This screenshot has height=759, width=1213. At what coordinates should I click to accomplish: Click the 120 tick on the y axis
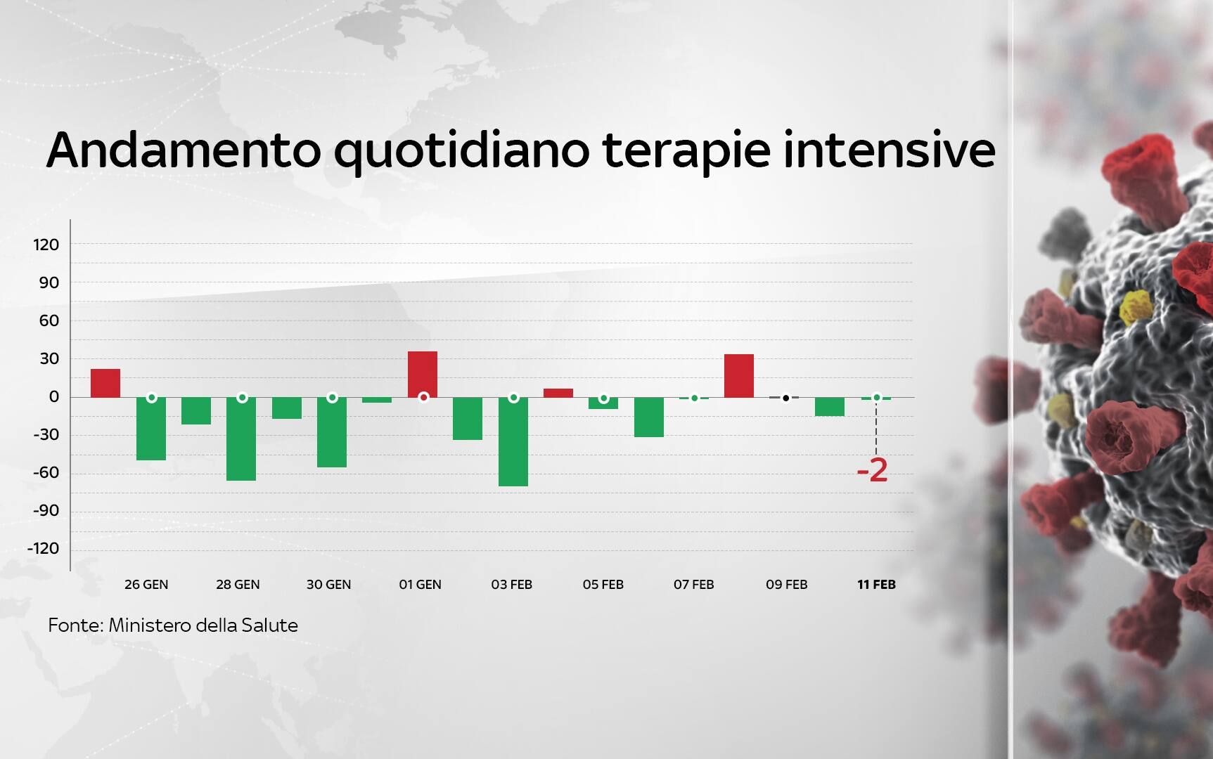(x=46, y=245)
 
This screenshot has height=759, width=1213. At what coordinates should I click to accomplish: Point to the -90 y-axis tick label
(x=46, y=510)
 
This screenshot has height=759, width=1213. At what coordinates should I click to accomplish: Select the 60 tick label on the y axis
(x=49, y=320)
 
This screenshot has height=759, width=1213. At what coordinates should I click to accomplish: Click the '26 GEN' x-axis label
(x=146, y=584)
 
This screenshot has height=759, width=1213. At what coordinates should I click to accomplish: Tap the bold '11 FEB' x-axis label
(x=876, y=584)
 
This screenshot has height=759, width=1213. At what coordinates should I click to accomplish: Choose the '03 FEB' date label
(x=512, y=584)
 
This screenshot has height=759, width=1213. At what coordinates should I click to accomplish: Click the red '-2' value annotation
(x=873, y=470)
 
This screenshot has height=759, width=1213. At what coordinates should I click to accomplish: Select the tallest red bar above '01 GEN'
(x=423, y=374)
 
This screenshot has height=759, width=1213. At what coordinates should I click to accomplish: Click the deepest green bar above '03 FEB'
(x=513, y=441)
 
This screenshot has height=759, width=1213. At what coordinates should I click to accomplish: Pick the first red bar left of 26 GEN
(x=105, y=383)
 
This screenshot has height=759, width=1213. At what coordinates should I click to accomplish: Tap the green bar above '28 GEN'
(x=241, y=439)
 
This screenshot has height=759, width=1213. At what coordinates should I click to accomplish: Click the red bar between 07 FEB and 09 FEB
(x=739, y=375)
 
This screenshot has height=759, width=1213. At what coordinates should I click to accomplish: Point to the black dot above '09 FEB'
(x=786, y=398)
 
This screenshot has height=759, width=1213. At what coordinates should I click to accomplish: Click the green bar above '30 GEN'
(x=332, y=432)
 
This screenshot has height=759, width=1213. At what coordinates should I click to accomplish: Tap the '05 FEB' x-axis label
(x=603, y=584)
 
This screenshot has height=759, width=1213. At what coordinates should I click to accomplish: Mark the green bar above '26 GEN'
(x=151, y=429)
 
